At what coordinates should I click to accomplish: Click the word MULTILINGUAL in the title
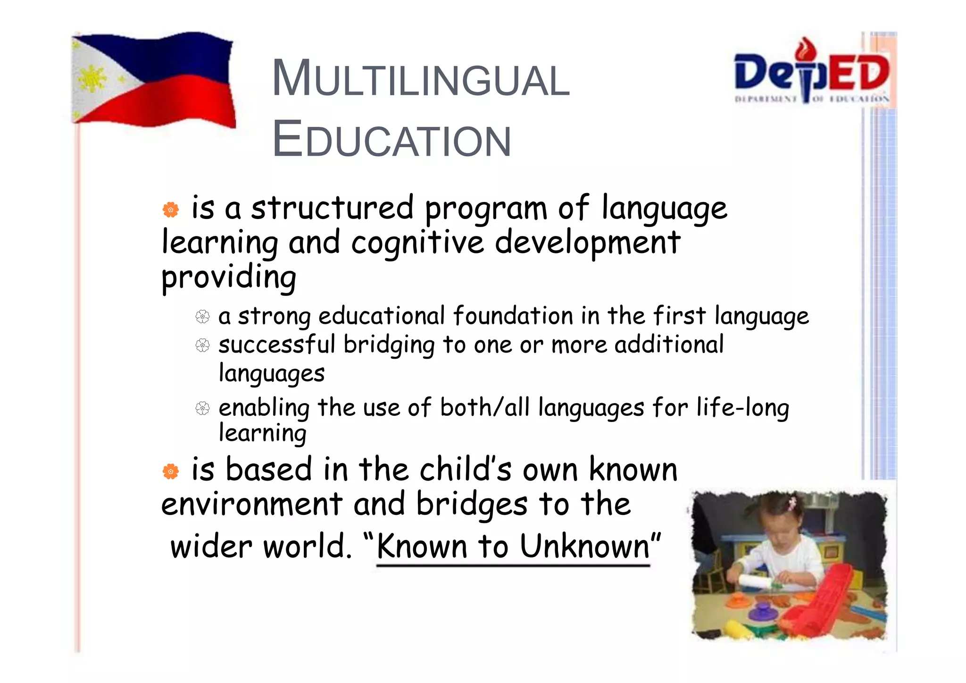[x=421, y=79]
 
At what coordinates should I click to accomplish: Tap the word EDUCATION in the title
[x=391, y=140]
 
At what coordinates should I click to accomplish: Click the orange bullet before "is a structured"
[x=171, y=210]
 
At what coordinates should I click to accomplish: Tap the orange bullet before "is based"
[x=171, y=471]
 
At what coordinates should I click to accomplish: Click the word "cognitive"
[x=417, y=243]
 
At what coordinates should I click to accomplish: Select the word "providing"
[x=229, y=277]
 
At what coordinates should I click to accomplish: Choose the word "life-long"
[x=742, y=408]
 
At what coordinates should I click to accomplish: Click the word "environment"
[x=251, y=505]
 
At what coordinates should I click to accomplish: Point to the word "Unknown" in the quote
[x=585, y=547]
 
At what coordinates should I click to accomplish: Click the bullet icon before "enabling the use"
[x=202, y=408]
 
